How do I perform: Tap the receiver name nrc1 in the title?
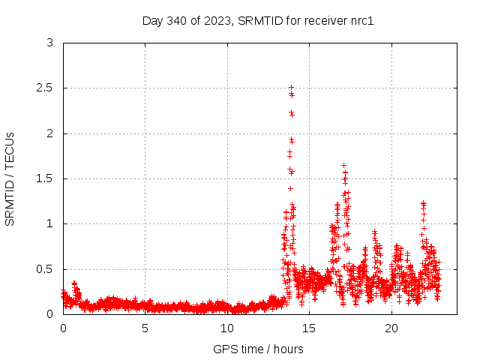(x=361, y=20)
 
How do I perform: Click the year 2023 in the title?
(x=217, y=20)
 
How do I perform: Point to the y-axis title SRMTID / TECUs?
(x=10, y=178)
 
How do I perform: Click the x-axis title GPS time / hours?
(x=258, y=349)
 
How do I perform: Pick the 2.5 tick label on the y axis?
(x=46, y=88)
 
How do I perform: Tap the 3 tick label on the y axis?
(x=49, y=43)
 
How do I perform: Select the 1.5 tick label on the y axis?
(x=46, y=178)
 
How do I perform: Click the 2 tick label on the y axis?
(x=49, y=133)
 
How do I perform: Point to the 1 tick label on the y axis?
(x=49, y=223)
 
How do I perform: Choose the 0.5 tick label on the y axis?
(x=46, y=268)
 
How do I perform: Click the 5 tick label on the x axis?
(x=145, y=328)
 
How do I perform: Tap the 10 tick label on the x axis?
(x=227, y=328)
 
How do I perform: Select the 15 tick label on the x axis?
(x=309, y=328)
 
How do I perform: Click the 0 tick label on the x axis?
(x=63, y=328)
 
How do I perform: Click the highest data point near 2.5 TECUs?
(x=291, y=88)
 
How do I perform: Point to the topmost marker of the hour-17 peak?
(x=343, y=165)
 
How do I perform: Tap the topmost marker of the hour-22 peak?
(x=423, y=202)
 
